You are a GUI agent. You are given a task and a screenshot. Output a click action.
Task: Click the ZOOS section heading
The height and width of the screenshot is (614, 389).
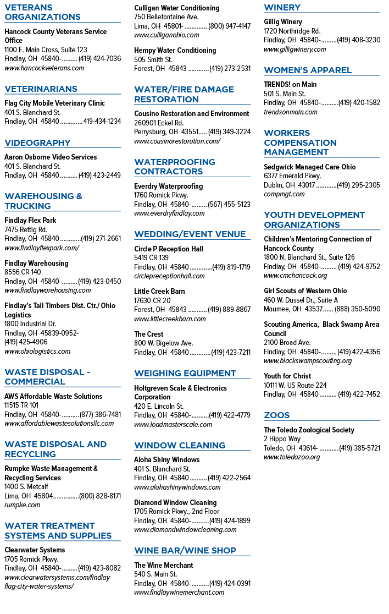[x=277, y=415]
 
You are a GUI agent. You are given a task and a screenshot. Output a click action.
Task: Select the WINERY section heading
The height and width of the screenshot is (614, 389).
[x=282, y=8]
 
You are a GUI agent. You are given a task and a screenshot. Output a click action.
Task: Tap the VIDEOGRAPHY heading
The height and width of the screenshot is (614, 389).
[x=37, y=143]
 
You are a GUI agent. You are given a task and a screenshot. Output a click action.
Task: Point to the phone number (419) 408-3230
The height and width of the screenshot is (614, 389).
[x=358, y=40]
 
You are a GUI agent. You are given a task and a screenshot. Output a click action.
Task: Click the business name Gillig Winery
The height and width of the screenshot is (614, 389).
[x=283, y=22]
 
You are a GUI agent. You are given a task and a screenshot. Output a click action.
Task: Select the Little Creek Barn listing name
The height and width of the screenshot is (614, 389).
[x=159, y=292]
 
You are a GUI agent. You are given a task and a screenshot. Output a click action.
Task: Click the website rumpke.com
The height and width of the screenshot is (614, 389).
[x=23, y=505]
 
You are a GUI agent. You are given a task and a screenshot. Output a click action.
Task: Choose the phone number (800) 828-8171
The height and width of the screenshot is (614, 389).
[x=100, y=496]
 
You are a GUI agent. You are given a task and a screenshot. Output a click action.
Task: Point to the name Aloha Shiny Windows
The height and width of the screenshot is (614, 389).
[x=167, y=460]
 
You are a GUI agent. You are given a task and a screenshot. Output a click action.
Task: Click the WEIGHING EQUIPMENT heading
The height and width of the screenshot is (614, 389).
[x=185, y=374]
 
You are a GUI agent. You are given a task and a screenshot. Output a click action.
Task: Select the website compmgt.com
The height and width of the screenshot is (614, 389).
[x=284, y=194]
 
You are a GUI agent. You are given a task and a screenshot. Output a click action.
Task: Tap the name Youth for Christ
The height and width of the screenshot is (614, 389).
[x=287, y=376]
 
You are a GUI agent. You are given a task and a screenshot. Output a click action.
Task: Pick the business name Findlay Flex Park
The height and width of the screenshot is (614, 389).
[x=31, y=221]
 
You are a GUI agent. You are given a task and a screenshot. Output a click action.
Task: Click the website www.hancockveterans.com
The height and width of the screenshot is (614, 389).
[x=44, y=68]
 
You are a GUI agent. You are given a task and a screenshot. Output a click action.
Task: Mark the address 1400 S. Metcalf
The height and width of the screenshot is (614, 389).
[x=26, y=487]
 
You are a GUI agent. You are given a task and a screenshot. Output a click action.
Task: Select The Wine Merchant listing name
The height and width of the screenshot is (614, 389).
[x=164, y=566]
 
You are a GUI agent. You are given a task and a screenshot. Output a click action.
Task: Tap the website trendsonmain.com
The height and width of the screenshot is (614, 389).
[x=291, y=112]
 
